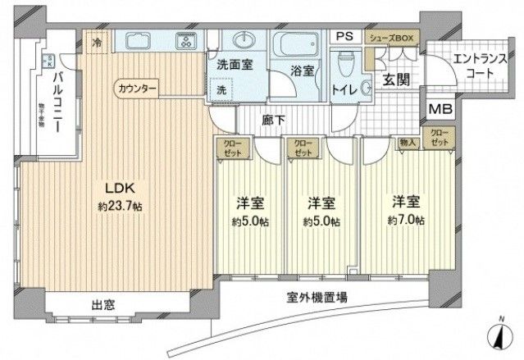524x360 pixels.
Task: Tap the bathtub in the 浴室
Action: [x=298, y=43]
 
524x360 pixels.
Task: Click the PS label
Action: [x=344, y=37]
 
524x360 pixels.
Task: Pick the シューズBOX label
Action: [x=392, y=37]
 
